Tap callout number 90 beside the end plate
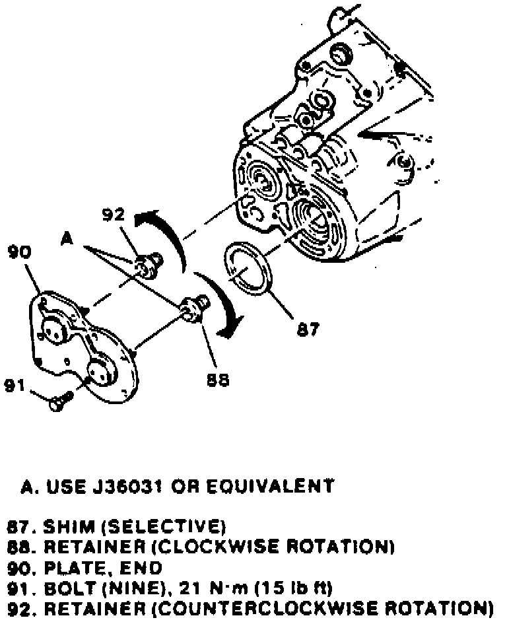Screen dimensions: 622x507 click(x=20, y=252)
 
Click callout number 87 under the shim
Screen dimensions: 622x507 click(x=307, y=329)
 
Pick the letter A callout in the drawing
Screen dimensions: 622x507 click(x=66, y=238)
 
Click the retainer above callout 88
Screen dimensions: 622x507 click(x=194, y=307)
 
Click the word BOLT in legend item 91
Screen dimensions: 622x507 click(x=64, y=587)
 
